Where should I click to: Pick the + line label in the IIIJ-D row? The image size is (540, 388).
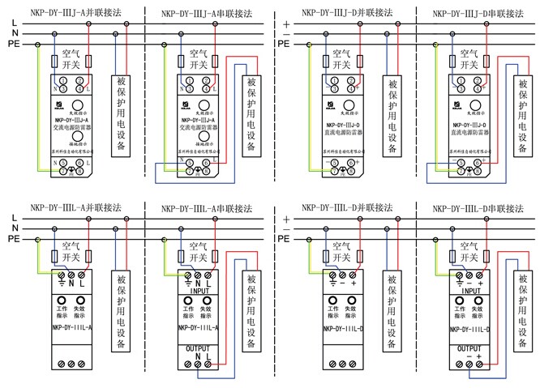285,23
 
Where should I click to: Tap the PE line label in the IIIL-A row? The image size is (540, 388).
15,239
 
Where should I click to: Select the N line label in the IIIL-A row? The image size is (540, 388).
15,229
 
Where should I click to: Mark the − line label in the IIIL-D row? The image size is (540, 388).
285,229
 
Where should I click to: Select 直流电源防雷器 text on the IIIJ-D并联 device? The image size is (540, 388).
339,129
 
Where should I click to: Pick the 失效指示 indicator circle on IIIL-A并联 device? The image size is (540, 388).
81,299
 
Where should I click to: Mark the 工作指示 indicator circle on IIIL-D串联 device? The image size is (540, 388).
461,299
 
